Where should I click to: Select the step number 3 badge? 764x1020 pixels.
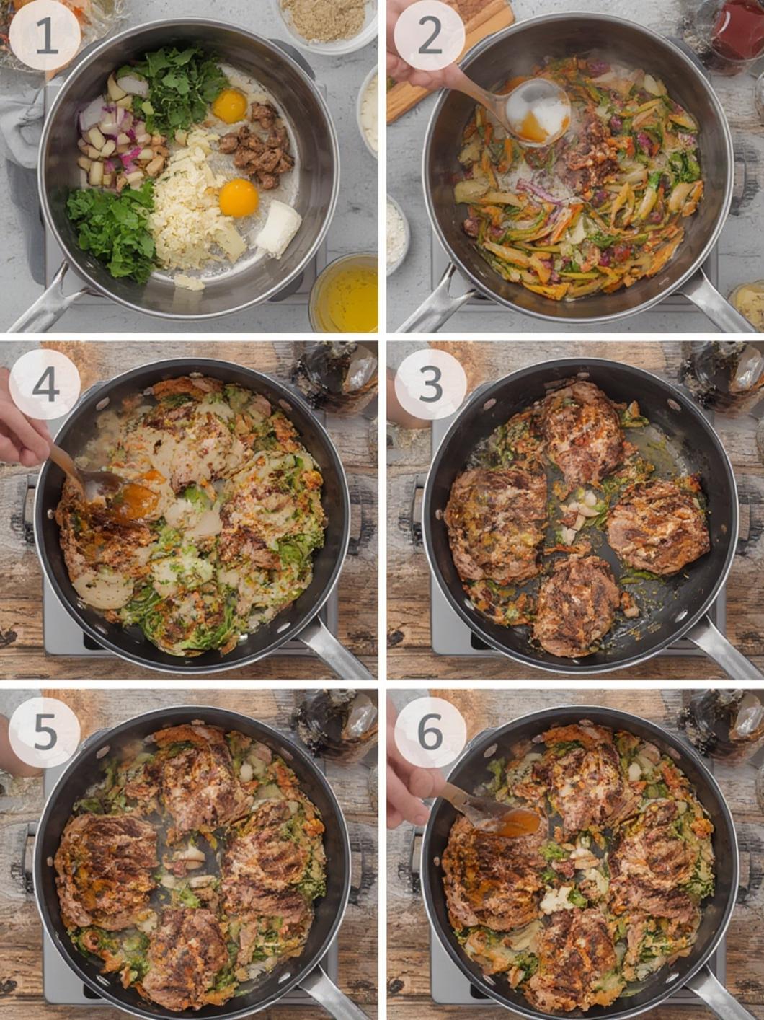pyautogui.click(x=430, y=384)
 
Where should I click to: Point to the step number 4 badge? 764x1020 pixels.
pyautogui.click(x=45, y=384)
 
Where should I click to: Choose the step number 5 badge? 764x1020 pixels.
pyautogui.click(x=45, y=732)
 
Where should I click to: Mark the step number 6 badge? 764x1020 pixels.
pyautogui.click(x=430, y=732)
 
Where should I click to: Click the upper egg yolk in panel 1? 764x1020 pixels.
pyautogui.click(x=230, y=106)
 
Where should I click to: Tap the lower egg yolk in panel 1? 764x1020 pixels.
pyautogui.click(x=239, y=198)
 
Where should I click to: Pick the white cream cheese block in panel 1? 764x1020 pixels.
pyautogui.click(x=278, y=227)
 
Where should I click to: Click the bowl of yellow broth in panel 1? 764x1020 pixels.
pyautogui.click(x=345, y=293)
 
